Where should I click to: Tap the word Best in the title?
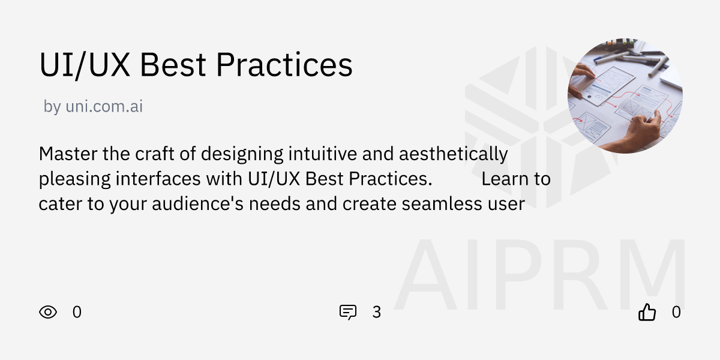(172, 65)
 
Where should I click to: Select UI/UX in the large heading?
(85, 65)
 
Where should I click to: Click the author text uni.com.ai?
(104, 107)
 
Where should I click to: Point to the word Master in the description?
(68, 154)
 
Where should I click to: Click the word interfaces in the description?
(158, 179)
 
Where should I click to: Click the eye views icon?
(48, 312)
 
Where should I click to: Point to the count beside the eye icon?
(77, 312)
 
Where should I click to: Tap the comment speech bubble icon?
(348, 312)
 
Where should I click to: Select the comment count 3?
(376, 312)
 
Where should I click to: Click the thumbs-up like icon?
(647, 312)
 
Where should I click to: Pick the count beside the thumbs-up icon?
(676, 312)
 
